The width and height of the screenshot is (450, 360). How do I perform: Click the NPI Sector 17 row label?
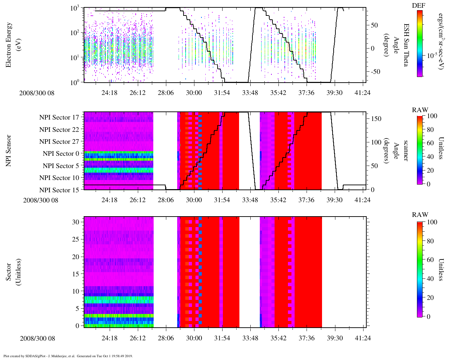point(59,117)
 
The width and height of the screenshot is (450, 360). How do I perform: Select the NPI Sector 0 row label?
point(61,154)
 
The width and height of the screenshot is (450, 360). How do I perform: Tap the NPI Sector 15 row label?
point(59,190)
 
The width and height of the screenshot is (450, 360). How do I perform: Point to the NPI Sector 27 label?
point(59,142)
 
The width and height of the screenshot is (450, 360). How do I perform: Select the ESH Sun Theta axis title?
point(406,45)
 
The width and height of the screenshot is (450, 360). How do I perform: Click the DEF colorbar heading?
point(418,6)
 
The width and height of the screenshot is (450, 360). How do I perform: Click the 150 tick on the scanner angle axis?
point(377,118)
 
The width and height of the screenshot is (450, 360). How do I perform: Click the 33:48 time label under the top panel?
point(250,93)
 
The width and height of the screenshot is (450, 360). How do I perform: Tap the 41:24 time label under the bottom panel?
point(362,338)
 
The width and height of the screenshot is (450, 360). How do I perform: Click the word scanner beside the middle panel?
point(406,150)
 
